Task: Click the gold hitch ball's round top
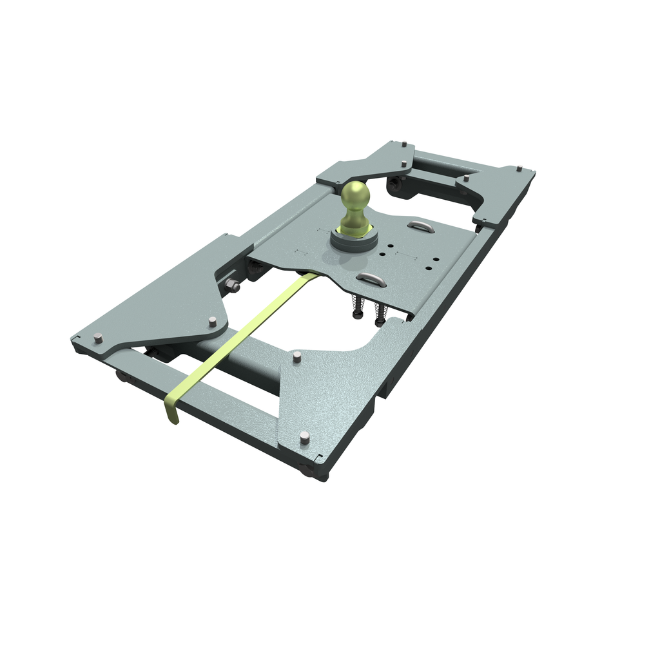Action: (355, 193)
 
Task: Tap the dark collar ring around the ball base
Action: (354, 241)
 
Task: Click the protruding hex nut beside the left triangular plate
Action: (232, 285)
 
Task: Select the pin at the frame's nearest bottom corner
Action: (304, 438)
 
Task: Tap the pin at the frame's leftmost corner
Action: (98, 338)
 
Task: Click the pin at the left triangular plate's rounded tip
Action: (213, 320)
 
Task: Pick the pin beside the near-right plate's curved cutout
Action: (296, 356)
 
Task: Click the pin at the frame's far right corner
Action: (518, 170)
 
